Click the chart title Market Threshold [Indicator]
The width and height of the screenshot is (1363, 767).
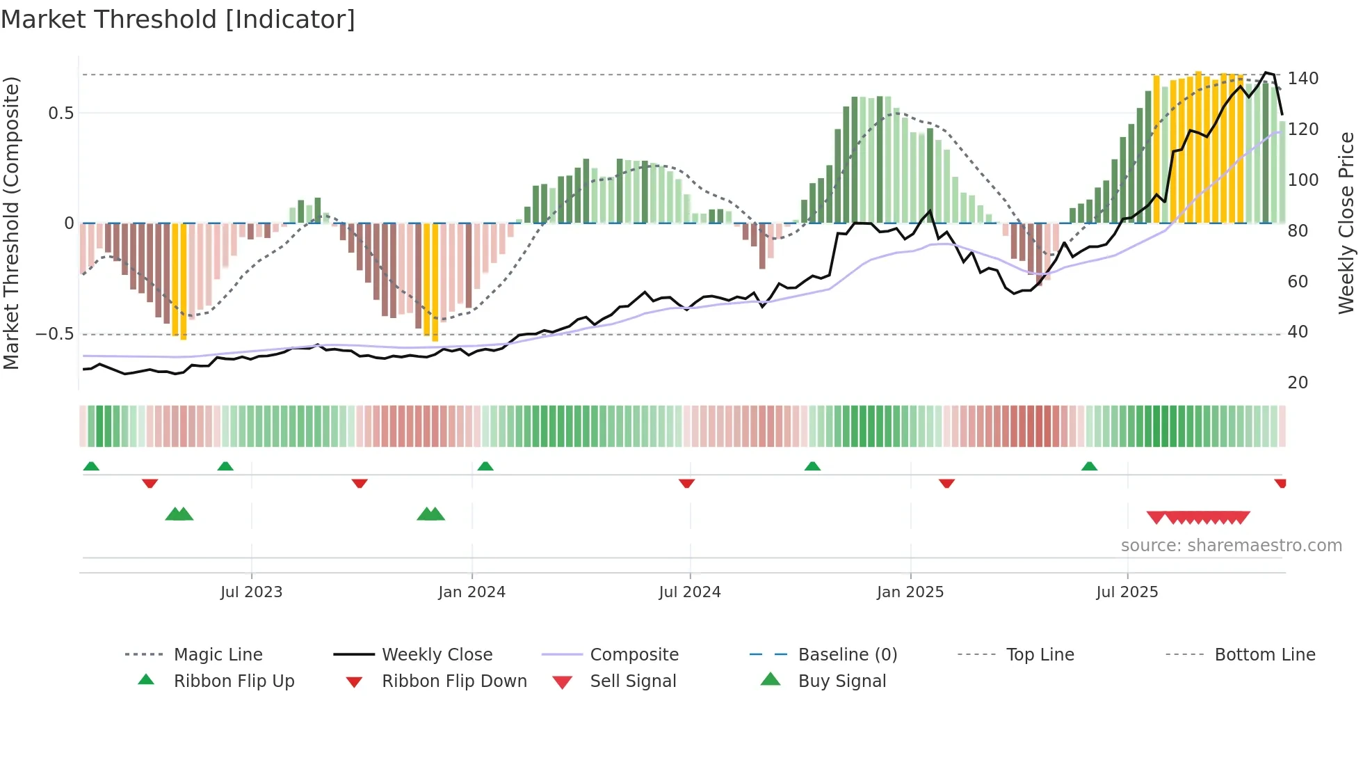click(x=178, y=19)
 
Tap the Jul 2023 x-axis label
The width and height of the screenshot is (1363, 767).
click(x=251, y=592)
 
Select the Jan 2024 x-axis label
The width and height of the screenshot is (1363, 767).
click(x=471, y=592)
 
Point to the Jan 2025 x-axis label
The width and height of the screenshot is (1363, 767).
click(x=910, y=592)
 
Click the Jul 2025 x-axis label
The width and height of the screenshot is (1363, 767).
click(x=1127, y=592)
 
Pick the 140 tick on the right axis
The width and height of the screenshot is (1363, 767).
click(x=1302, y=79)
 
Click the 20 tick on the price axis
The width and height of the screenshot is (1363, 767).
click(x=1298, y=383)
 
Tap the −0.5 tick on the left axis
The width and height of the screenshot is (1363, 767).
click(x=54, y=334)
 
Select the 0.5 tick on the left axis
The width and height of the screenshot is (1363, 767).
click(x=61, y=113)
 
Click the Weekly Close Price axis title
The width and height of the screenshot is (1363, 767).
click(x=1346, y=223)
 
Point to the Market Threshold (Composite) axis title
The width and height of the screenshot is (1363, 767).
click(x=11, y=223)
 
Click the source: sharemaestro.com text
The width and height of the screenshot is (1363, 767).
click(x=1231, y=546)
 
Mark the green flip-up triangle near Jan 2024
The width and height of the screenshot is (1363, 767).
click(x=485, y=466)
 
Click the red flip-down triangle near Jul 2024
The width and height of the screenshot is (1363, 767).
click(x=686, y=483)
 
